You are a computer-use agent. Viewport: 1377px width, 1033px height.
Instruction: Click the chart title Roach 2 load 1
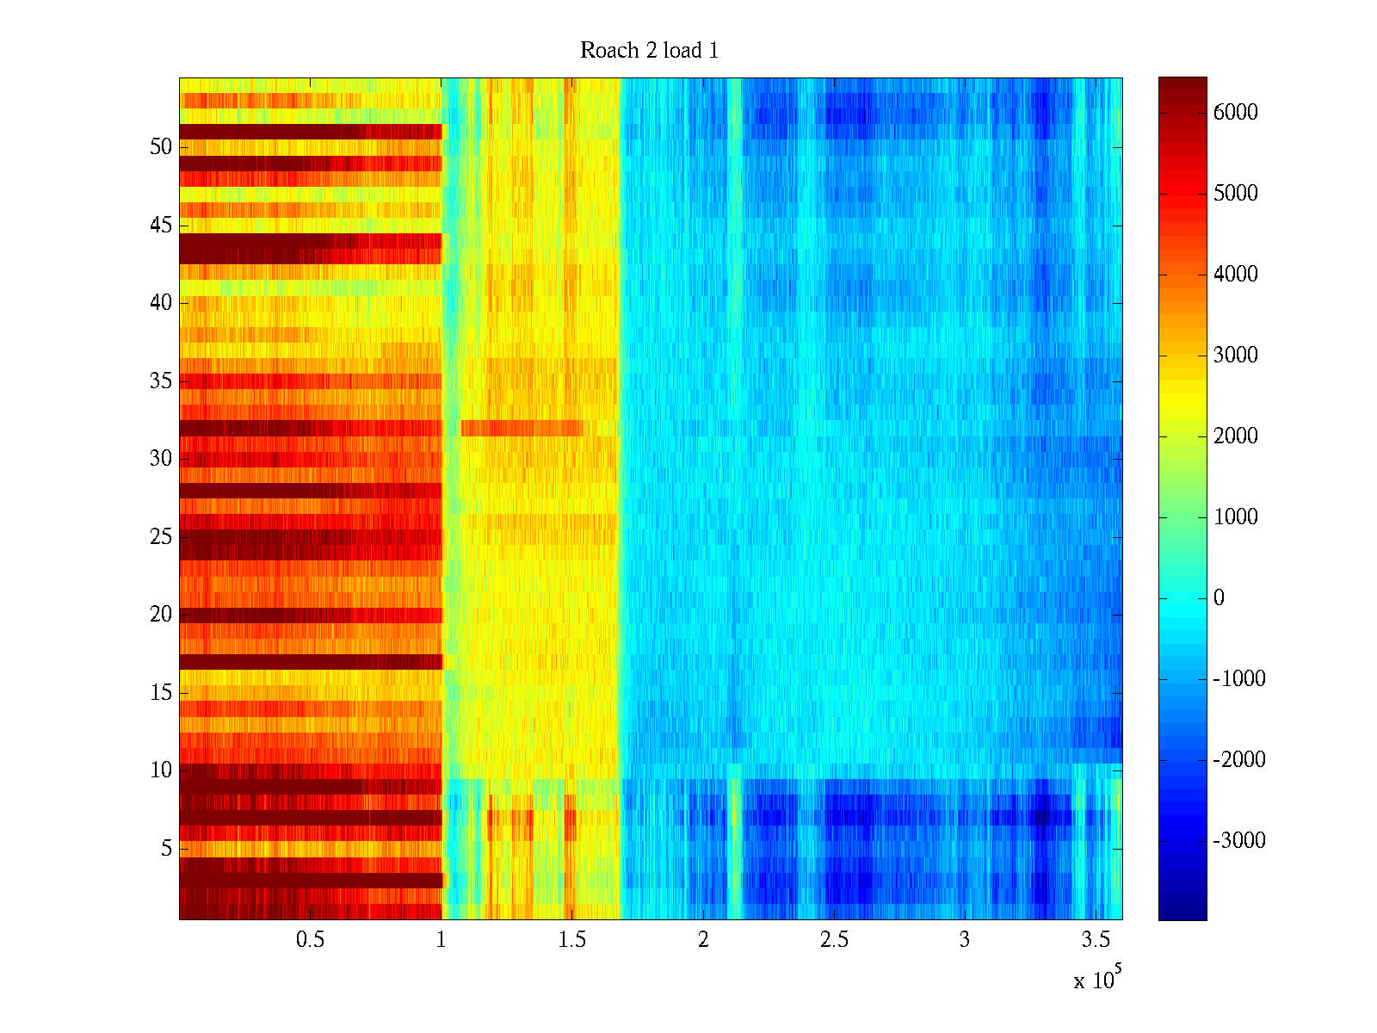point(649,51)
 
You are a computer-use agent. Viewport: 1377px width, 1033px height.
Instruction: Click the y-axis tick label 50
point(161,147)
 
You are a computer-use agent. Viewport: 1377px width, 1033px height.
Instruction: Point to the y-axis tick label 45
point(161,226)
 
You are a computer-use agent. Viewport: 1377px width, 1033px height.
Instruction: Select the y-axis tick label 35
point(161,381)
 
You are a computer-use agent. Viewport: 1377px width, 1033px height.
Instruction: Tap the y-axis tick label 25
point(161,537)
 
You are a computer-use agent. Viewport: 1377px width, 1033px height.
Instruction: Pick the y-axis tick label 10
point(161,770)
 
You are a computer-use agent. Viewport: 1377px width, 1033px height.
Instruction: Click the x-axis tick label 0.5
point(310,940)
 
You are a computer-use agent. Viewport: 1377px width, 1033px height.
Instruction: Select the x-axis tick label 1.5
point(571,940)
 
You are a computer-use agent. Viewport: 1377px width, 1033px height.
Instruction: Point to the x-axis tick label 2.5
point(833,940)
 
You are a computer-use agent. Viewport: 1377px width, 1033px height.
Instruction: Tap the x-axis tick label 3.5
point(1095,940)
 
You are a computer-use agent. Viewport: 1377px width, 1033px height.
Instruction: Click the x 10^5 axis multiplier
point(1096,979)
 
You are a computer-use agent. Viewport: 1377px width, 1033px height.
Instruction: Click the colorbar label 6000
point(1235,113)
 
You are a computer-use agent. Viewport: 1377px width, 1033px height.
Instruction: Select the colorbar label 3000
point(1235,356)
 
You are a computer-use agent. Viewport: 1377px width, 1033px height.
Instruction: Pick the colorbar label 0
point(1219,598)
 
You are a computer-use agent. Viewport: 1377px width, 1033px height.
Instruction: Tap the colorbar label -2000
point(1238,760)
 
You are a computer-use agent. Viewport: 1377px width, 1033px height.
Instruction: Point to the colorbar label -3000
point(1238,841)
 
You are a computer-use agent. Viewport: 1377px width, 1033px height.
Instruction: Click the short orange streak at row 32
point(522,428)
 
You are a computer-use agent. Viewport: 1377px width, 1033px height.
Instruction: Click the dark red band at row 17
point(310,661)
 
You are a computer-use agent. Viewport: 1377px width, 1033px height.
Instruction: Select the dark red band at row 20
point(310,615)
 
